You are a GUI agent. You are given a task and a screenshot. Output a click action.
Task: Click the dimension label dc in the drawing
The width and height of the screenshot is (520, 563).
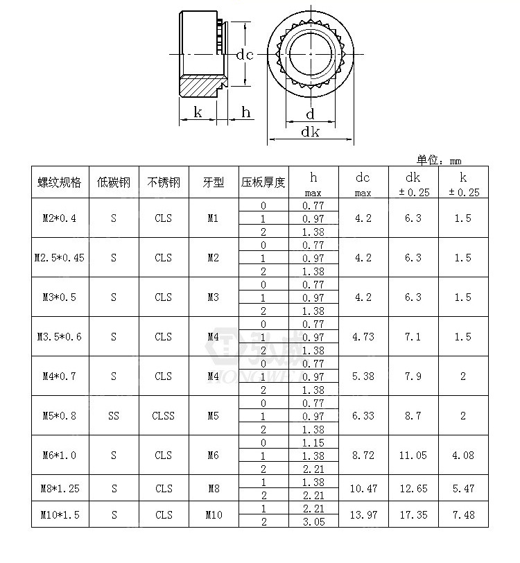243,55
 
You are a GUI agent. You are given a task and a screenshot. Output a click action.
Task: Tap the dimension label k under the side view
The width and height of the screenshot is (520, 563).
198,112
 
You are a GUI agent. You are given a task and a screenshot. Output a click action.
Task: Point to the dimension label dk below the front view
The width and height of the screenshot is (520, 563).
310,132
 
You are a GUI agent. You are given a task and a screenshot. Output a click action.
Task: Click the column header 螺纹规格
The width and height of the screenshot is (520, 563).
59,182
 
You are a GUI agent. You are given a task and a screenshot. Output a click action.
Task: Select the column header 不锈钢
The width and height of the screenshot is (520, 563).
164,182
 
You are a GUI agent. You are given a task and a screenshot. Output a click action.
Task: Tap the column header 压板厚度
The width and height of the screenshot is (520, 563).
263,182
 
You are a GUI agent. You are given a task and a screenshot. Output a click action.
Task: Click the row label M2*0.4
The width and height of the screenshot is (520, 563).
59,218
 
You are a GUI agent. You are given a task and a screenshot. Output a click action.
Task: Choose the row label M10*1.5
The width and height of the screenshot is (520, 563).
59,514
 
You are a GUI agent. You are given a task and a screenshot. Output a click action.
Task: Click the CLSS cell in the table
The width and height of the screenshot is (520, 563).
164,416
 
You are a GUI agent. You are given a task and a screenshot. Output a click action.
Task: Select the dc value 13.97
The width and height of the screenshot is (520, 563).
363,514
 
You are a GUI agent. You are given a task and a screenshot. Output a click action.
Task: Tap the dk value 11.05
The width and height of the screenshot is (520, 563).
413,456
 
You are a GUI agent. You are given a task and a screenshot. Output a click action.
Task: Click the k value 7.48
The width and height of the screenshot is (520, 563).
463,514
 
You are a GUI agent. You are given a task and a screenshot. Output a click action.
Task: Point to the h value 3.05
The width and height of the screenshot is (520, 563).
313,521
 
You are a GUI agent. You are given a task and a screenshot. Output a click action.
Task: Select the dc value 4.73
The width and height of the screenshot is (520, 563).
363,337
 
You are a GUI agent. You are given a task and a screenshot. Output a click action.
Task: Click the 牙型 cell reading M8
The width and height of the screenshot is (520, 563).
214,488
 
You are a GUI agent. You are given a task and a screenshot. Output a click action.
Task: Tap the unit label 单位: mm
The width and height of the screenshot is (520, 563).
439,160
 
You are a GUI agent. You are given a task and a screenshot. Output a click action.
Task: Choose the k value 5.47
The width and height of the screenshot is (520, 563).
463,488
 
